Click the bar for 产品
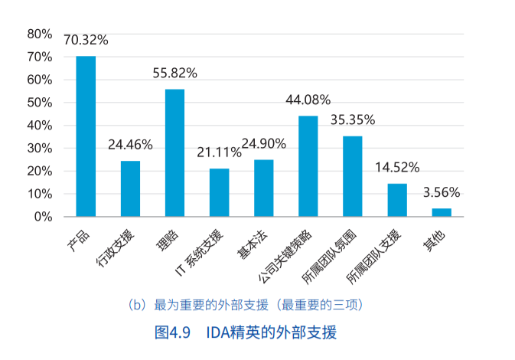click(86, 136)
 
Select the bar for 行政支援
click(130, 188)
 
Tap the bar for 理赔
click(174, 153)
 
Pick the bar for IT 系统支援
click(219, 192)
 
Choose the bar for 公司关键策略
click(308, 166)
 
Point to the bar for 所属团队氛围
click(352, 176)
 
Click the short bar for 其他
click(442, 212)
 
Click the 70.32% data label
click(86, 41)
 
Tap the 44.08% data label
click(308, 100)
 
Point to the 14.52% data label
click(397, 169)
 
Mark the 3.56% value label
click(442, 193)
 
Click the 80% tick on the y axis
click(39, 34)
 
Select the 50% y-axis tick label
click(39, 103)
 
